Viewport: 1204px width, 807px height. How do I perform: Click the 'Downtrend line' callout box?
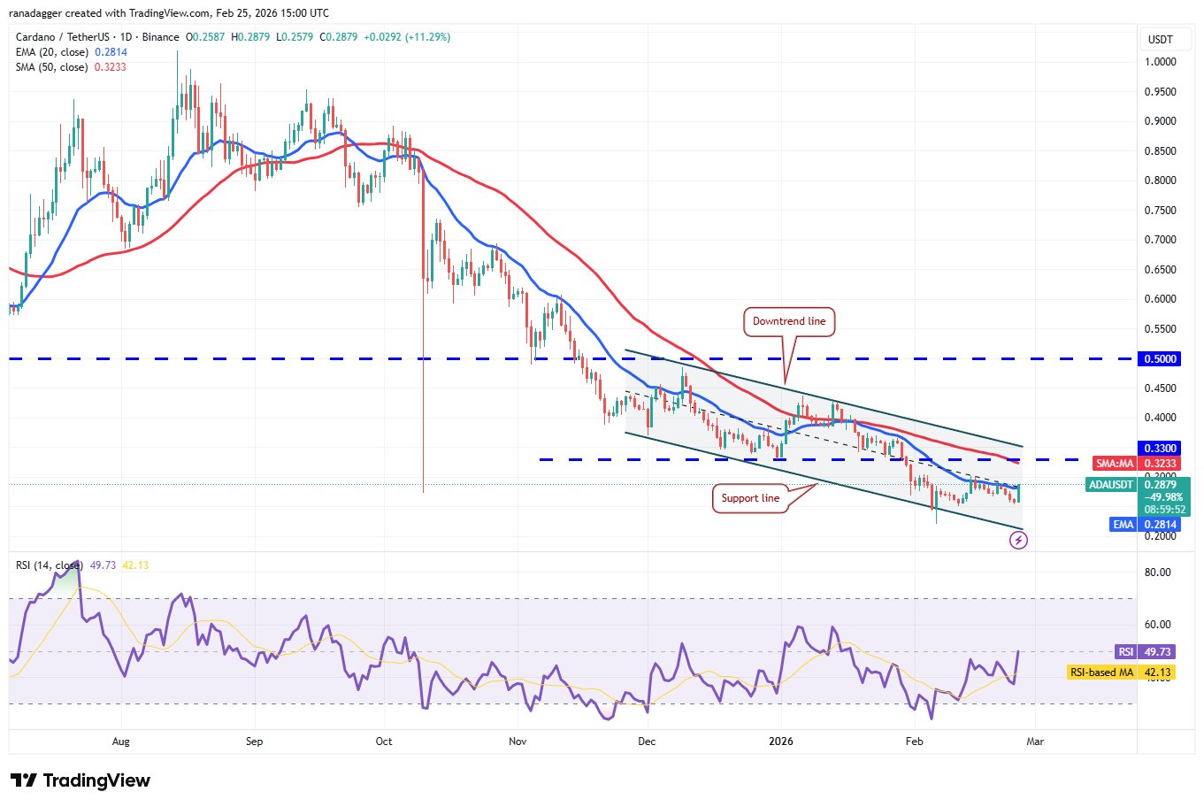click(788, 321)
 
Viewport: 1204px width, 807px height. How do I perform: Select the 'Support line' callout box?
click(750, 498)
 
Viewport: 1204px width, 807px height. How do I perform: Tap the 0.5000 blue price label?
click(1160, 359)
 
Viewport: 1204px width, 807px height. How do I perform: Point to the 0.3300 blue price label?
click(1160, 449)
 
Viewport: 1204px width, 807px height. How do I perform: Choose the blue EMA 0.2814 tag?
click(1146, 525)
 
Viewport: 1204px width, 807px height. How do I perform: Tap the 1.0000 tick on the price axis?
click(1160, 62)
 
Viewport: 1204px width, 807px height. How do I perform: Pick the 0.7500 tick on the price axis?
click(1160, 211)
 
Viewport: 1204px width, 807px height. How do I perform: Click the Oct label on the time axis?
click(384, 742)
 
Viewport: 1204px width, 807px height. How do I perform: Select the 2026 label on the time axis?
click(781, 742)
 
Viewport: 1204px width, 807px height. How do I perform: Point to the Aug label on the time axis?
click(121, 742)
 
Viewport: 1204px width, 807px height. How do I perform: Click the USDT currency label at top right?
click(1160, 40)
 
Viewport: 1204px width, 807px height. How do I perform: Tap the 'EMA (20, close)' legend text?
click(51, 52)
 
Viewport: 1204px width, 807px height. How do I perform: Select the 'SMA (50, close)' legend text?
click(51, 67)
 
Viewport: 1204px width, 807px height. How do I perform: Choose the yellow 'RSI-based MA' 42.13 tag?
click(1122, 672)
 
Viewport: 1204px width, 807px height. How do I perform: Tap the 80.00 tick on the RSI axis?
click(1157, 573)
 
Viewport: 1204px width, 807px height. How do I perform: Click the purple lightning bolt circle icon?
click(1018, 541)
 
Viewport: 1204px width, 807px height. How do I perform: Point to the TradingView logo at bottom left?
click(81, 780)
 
